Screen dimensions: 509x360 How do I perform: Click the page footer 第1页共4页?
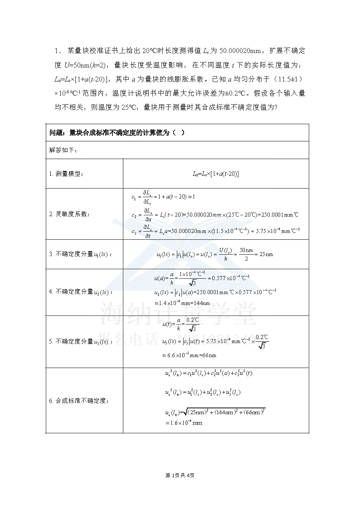(180, 475)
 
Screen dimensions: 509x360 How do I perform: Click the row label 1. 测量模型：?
(66, 174)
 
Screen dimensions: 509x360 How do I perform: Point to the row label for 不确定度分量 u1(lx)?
(81, 254)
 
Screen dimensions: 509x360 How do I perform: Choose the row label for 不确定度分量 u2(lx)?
(81, 292)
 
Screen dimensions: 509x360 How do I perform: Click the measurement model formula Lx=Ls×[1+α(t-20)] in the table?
(216, 174)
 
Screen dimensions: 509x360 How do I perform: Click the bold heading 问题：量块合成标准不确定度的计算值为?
(117, 132)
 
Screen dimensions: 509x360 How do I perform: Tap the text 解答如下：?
(63, 150)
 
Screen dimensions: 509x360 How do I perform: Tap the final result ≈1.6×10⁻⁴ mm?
(184, 423)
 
